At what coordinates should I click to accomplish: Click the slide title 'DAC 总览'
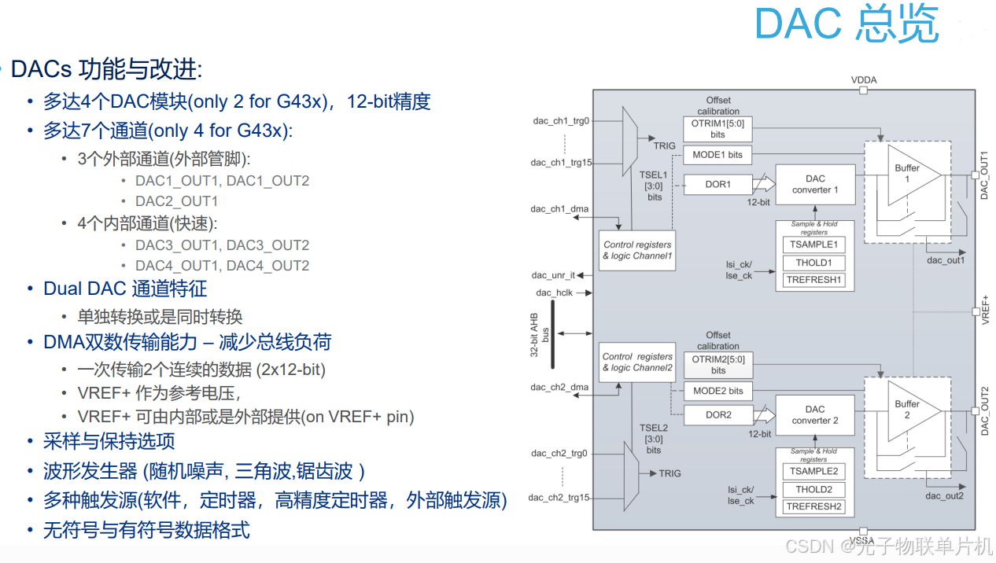tap(847, 24)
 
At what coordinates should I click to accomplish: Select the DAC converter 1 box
tap(815, 185)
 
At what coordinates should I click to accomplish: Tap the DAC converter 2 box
tap(815, 415)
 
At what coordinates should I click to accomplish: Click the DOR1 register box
tap(717, 185)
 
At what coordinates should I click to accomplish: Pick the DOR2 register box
tap(717, 415)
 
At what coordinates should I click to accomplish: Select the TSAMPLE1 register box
tap(813, 245)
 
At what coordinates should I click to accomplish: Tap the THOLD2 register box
tap(813, 489)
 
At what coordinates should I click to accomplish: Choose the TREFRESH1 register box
tap(813, 280)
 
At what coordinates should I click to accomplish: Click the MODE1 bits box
tap(717, 155)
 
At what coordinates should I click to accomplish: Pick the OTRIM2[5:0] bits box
tap(717, 364)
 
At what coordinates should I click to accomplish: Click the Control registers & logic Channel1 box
tap(637, 251)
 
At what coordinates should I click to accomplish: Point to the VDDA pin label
tap(863, 80)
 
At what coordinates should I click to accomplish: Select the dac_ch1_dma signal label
tap(559, 209)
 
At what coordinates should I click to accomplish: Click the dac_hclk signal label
tap(555, 293)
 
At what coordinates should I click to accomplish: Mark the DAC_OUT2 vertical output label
tap(985, 411)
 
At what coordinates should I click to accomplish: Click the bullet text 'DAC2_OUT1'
tap(176, 201)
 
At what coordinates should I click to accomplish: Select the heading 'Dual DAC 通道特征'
tap(125, 289)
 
